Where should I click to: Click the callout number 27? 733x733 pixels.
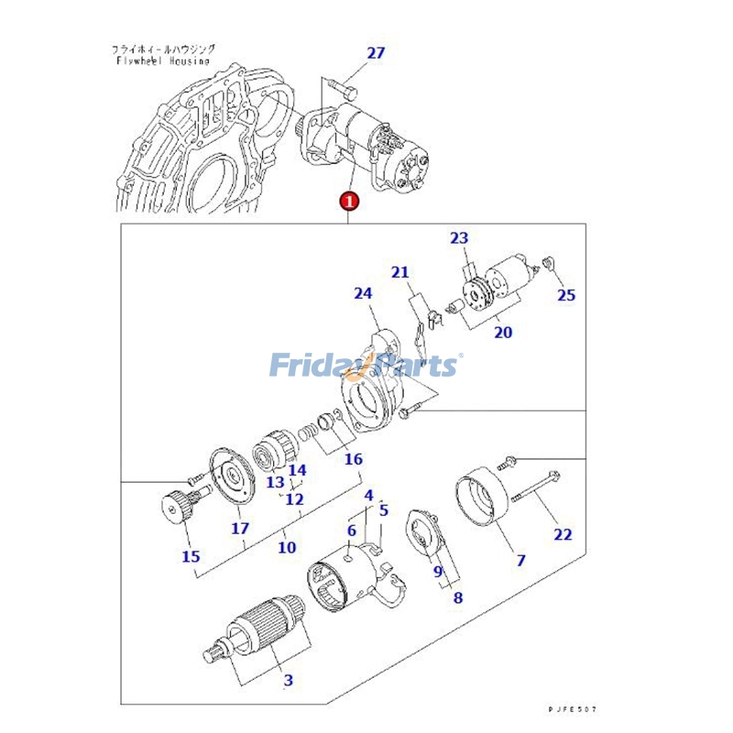(376, 53)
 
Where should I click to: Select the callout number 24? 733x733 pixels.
(364, 294)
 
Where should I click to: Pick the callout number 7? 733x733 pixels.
(520, 560)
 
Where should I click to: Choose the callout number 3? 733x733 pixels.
(288, 680)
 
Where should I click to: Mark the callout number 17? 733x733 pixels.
(239, 529)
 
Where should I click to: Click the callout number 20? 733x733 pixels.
(503, 333)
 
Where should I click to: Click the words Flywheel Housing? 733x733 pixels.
(162, 61)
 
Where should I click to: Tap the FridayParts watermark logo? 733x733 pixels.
(366, 365)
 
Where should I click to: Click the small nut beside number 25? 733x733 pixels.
(548, 264)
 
